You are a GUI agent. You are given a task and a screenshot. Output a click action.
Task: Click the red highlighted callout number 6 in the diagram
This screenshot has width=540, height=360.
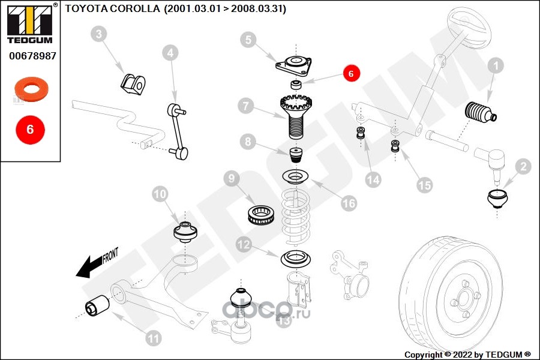(x=352, y=73)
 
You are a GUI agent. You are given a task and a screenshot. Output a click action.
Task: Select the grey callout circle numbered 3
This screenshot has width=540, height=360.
(x=100, y=34)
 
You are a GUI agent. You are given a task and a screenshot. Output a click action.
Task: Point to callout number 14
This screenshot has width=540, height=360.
(x=374, y=179)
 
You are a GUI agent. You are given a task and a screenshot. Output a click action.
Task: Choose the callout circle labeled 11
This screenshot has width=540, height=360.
(x=154, y=338)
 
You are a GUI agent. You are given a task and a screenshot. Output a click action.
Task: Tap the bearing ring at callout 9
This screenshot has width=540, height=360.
(x=262, y=214)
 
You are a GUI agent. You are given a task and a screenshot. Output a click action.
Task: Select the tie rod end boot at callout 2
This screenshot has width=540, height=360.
(x=497, y=199)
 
